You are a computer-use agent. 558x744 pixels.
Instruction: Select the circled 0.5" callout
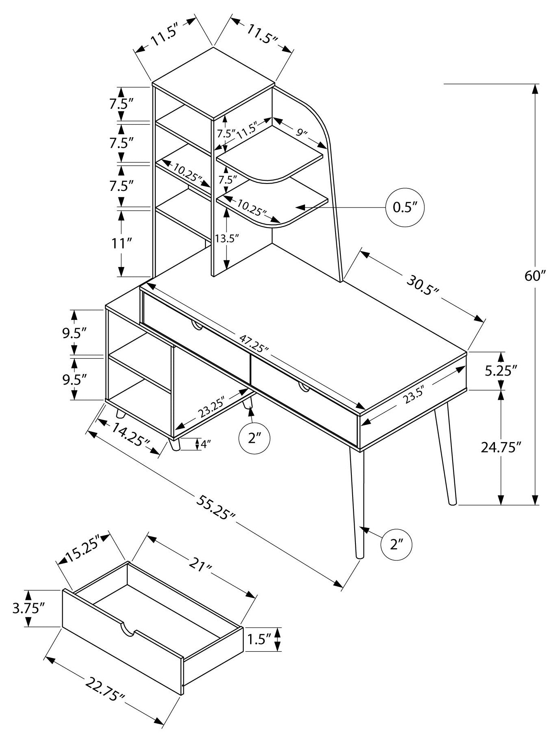tap(405, 208)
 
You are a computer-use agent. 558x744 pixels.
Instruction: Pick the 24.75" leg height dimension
tap(501, 447)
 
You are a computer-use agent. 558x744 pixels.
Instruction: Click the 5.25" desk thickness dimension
tap(501, 370)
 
